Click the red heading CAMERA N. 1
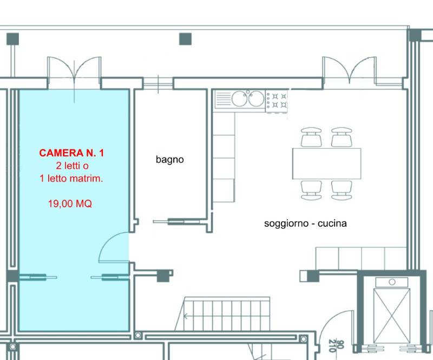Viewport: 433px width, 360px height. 71,153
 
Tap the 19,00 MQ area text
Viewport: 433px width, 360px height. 70,204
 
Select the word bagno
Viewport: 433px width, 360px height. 170,160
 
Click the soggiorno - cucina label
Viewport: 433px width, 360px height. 305,223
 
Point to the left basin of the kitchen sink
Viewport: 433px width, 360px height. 239,99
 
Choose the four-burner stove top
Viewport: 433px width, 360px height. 277,101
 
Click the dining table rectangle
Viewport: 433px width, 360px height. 327,163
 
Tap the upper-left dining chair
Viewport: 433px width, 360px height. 311,137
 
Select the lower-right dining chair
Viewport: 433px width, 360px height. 342,190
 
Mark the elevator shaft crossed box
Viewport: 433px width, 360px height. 391,316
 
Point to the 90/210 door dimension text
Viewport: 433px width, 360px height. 336,345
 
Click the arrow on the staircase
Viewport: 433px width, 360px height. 186,316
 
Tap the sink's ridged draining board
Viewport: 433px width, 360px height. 223,99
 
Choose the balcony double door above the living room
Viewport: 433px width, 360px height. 349,70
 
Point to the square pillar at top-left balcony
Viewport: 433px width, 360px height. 12,39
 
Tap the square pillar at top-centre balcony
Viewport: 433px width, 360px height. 185,39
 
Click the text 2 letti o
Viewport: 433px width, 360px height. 73,166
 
